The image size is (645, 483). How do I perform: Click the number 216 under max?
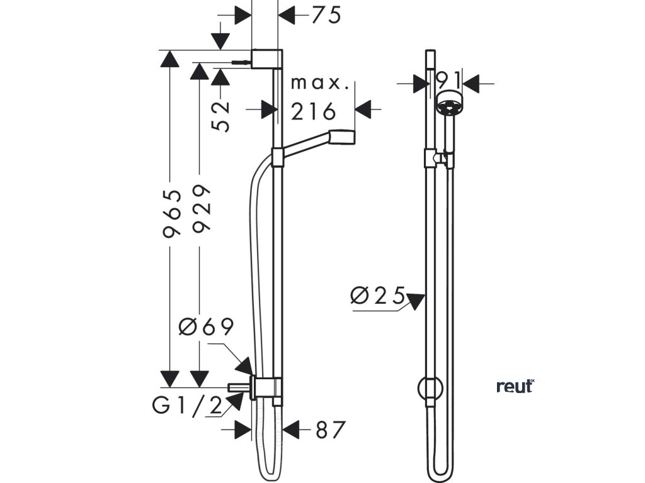pos(314,112)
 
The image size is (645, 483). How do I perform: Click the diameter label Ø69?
pos(207,327)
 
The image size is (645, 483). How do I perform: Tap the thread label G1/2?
pos(188,407)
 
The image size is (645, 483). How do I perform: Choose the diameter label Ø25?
pos(377,296)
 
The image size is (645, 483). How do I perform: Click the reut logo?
pos(515,386)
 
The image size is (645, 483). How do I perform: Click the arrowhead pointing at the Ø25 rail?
pos(416,301)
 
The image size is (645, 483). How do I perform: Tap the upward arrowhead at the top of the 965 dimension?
pos(169,60)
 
